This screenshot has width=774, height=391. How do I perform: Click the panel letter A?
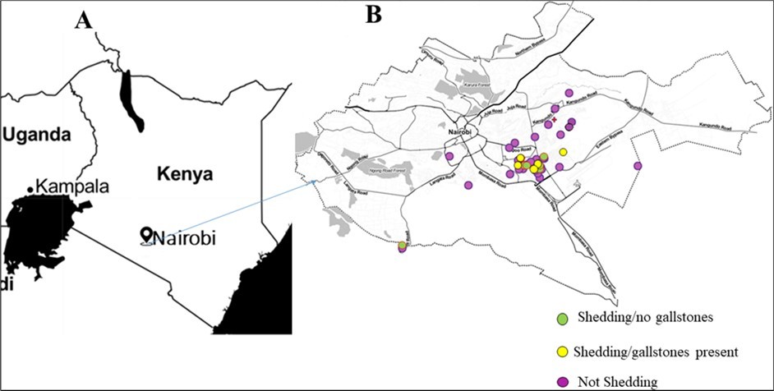click(x=83, y=21)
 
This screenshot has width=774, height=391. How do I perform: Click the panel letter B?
click(x=374, y=14)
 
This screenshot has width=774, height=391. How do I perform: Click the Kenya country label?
click(x=182, y=174)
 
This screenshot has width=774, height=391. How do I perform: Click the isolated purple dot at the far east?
click(x=638, y=166)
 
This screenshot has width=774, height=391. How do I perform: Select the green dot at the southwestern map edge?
click(x=402, y=245)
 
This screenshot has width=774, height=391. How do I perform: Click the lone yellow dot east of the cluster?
click(x=564, y=152)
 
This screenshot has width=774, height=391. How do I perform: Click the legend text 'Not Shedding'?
click(x=617, y=381)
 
